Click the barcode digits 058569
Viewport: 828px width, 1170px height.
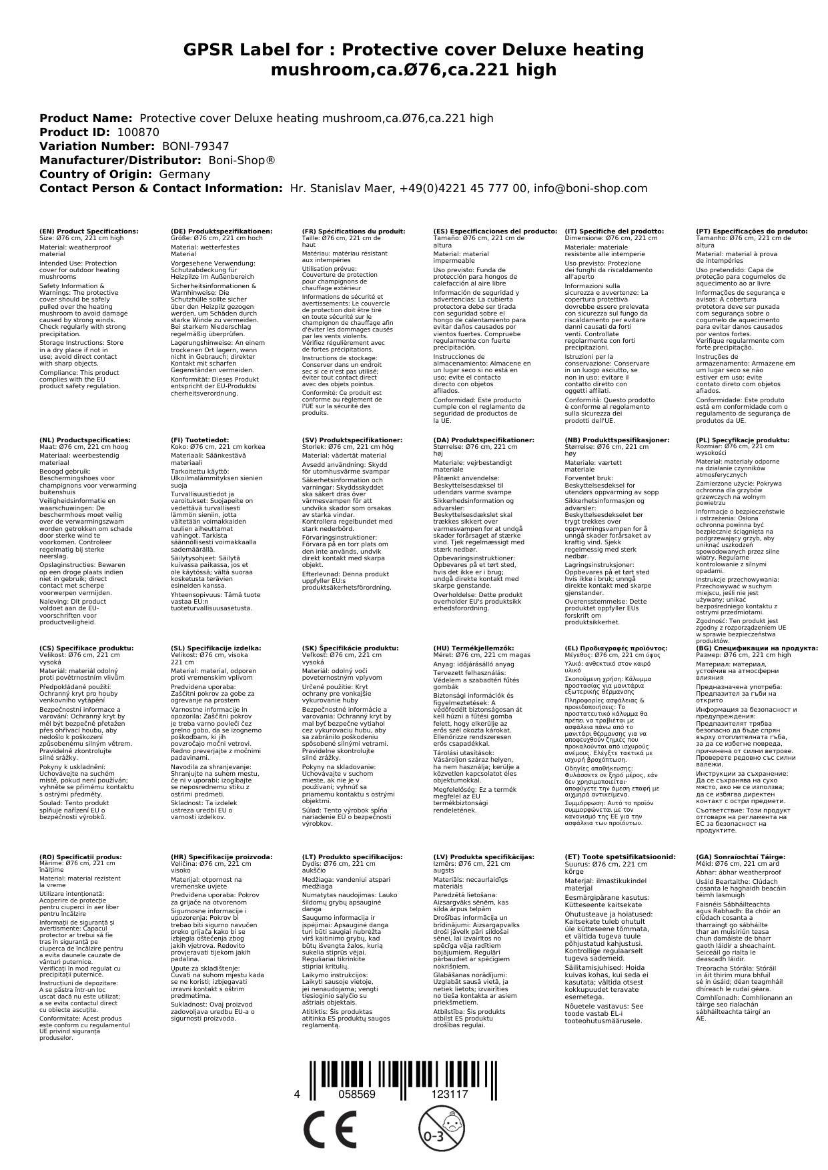[x=357, y=1094]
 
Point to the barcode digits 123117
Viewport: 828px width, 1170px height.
[x=450, y=1094]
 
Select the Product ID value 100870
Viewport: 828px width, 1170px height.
[x=138, y=132]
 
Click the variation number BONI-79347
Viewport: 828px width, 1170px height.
[x=195, y=146]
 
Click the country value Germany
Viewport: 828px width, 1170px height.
[x=184, y=174]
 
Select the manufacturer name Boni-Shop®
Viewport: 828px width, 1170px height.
[x=242, y=160]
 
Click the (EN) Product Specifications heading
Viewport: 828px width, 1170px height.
[x=89, y=231]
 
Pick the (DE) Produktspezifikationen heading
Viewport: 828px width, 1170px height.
[x=222, y=231]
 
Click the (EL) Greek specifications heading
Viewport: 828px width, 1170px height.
[x=616, y=648]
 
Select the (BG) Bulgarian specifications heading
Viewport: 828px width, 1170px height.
[x=757, y=648]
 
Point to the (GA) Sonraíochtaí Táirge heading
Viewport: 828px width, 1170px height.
[x=731, y=856]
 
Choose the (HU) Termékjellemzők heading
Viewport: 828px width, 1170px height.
[x=473, y=648]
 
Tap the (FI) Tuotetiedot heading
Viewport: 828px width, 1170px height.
[x=199, y=440]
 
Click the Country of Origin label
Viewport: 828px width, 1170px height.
[x=95, y=174]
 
